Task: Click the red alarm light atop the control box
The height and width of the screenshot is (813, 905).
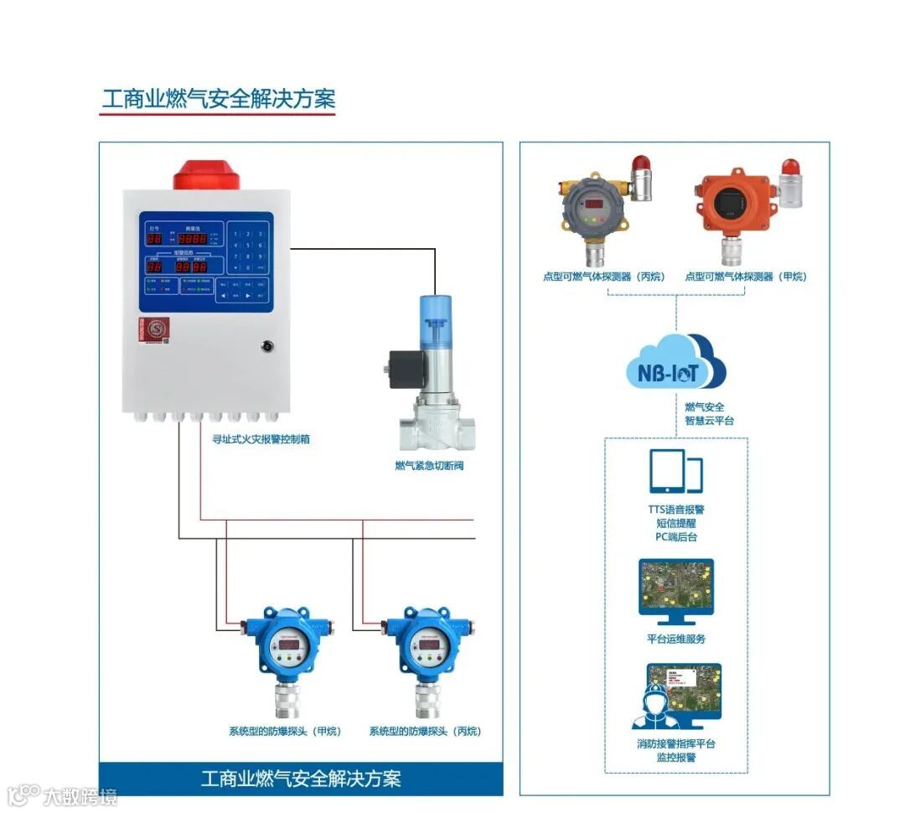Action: pyautogui.click(x=206, y=173)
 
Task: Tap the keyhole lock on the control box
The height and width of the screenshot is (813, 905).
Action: pyautogui.click(x=267, y=344)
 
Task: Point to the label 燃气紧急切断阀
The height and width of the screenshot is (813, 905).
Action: pyautogui.click(x=429, y=465)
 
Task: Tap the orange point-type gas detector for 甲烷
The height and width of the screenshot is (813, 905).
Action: pyautogui.click(x=735, y=206)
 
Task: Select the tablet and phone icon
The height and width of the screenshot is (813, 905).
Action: pyautogui.click(x=675, y=472)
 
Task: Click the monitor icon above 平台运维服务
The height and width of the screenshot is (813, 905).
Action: pyautogui.click(x=675, y=592)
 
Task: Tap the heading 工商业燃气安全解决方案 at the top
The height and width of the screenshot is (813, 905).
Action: pyautogui.click(x=218, y=98)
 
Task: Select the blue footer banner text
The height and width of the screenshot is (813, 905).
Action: pyautogui.click(x=301, y=778)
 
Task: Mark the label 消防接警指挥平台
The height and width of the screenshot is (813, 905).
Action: pyautogui.click(x=675, y=743)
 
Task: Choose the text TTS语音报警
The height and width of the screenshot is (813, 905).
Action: pyautogui.click(x=675, y=510)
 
